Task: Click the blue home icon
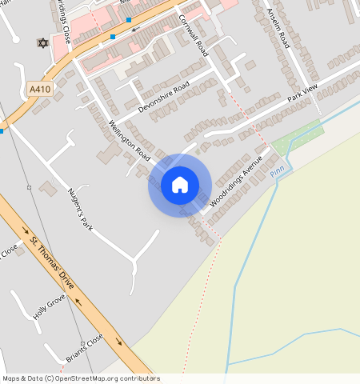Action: point(180,185)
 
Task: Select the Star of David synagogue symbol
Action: point(42,42)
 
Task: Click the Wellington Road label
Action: point(130,137)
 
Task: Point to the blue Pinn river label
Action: point(277,171)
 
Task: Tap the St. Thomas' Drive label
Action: point(51,264)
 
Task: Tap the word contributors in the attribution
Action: point(140,378)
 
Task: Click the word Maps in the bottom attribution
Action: point(10,378)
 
